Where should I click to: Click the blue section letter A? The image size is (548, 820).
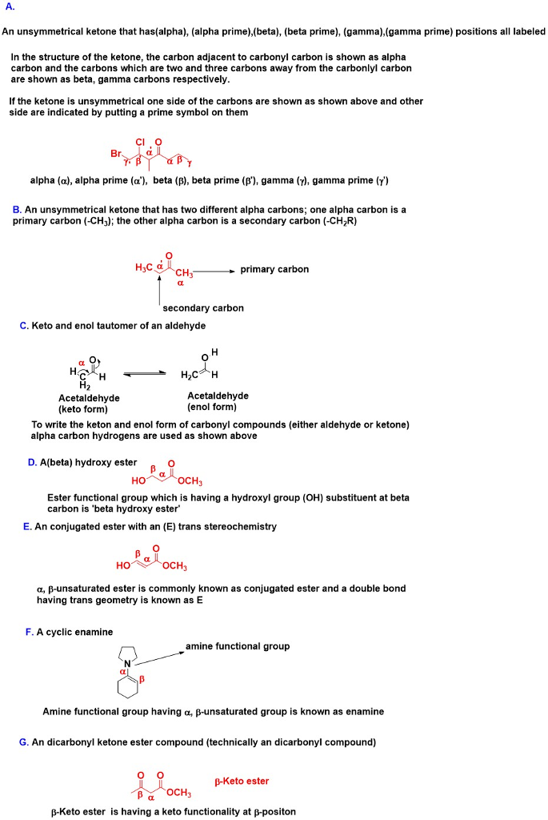point(10,7)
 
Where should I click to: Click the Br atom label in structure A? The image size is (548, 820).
point(116,153)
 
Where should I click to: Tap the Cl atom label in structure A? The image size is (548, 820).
point(140,142)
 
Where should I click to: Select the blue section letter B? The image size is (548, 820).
point(18,210)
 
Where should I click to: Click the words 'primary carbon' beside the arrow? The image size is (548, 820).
point(274,269)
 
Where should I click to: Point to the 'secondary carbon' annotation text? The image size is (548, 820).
point(203,308)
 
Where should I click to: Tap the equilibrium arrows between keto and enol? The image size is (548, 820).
point(144,374)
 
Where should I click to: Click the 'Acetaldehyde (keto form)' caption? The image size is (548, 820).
point(89,404)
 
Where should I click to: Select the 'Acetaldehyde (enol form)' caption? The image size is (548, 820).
point(218,401)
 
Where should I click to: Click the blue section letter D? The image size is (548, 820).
point(32,462)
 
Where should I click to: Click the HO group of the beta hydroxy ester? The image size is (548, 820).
point(138,480)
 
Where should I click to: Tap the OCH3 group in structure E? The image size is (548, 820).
point(174,566)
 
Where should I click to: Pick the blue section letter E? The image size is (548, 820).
point(27,527)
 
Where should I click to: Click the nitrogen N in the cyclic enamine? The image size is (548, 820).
point(127,664)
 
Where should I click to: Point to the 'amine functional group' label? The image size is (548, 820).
point(238,646)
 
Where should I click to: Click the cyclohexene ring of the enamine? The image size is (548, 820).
point(128,685)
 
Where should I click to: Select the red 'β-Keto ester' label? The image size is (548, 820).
point(242,782)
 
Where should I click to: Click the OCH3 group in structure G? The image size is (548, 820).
point(178,793)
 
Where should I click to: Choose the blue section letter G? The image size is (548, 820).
point(23,742)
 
